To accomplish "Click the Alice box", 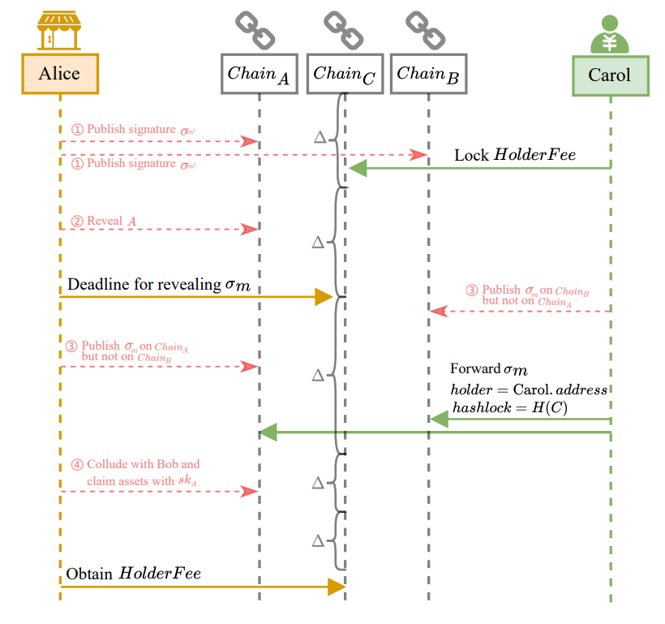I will point(60,74).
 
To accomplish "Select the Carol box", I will point(610,75).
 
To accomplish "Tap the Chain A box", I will point(259,74).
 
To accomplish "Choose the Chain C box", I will point(345,74).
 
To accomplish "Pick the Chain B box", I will point(427,74).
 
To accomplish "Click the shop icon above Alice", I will point(59,30).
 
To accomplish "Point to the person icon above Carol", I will point(610,33).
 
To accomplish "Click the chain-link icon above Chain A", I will point(256,31).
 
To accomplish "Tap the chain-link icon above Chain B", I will point(427,31).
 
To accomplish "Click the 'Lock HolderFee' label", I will point(514,154).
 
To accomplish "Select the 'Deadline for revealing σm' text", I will point(156,285).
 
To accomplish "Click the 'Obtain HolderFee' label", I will point(133,574).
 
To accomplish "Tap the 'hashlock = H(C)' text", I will point(509,407).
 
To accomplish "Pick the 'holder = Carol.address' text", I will point(528,389).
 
